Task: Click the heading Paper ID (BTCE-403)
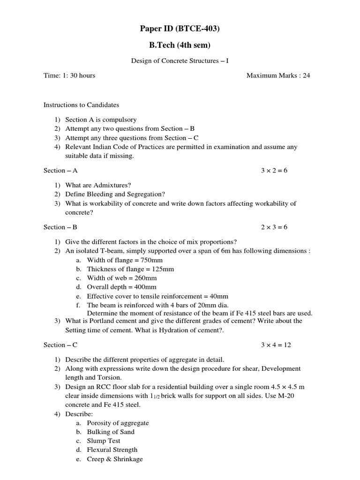tap(180, 29)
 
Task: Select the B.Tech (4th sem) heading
tap(180, 45)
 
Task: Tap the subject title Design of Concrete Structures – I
tap(179, 61)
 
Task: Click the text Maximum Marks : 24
tap(278, 75)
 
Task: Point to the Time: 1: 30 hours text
tap(69, 75)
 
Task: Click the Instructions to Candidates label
tap(82, 105)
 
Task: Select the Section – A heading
tap(60, 171)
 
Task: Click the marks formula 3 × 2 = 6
tap(274, 171)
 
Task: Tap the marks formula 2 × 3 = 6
tap(274, 227)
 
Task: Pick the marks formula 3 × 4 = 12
tap(276, 345)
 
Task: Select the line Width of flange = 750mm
tap(125, 260)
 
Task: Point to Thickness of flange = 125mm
tap(130, 269)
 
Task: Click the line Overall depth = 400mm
tap(122, 287)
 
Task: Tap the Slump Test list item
tap(104, 441)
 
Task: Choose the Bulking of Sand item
tap(111, 432)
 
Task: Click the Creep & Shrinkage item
tap(115, 459)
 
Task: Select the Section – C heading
tap(60, 345)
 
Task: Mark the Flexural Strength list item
tap(112, 450)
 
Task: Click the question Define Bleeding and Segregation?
tap(115, 194)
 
